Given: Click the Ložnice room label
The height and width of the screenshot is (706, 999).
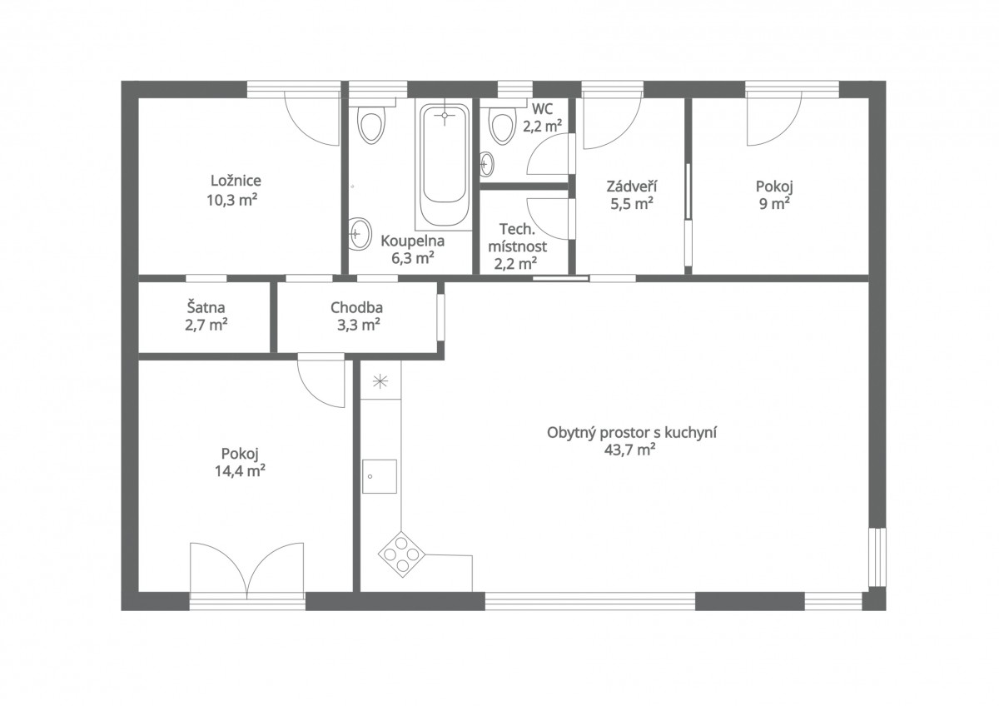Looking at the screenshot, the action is pyautogui.click(x=236, y=181).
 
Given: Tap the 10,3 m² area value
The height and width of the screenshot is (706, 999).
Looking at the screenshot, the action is pyautogui.click(x=232, y=200).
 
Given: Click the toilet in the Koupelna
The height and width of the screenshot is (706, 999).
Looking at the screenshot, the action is pyautogui.click(x=371, y=126).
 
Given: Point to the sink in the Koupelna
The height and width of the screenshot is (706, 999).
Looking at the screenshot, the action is pyautogui.click(x=360, y=234).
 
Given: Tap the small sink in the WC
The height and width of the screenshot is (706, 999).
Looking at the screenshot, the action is pyautogui.click(x=487, y=164).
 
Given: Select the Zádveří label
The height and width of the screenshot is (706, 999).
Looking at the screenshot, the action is pyautogui.click(x=632, y=186).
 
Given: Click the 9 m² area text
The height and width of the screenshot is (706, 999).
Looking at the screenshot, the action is pyautogui.click(x=774, y=204).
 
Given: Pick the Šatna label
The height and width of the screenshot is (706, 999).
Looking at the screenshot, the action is pyautogui.click(x=206, y=307).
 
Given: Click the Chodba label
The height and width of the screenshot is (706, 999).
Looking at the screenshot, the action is pyautogui.click(x=357, y=307).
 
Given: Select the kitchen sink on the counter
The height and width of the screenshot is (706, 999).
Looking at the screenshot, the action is pyautogui.click(x=380, y=476).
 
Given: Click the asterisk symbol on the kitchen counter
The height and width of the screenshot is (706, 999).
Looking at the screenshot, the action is pyautogui.click(x=380, y=381).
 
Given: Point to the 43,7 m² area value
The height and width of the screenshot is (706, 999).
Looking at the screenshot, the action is pyautogui.click(x=629, y=450).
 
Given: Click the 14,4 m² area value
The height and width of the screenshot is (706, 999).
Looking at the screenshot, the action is pyautogui.click(x=241, y=470).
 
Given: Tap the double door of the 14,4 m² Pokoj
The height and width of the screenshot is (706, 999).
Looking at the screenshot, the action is pyautogui.click(x=247, y=571).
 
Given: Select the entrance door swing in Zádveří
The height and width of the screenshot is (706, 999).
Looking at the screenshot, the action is pyautogui.click(x=613, y=122).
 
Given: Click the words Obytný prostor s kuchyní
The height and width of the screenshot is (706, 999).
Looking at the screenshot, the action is pyautogui.click(x=632, y=433).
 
